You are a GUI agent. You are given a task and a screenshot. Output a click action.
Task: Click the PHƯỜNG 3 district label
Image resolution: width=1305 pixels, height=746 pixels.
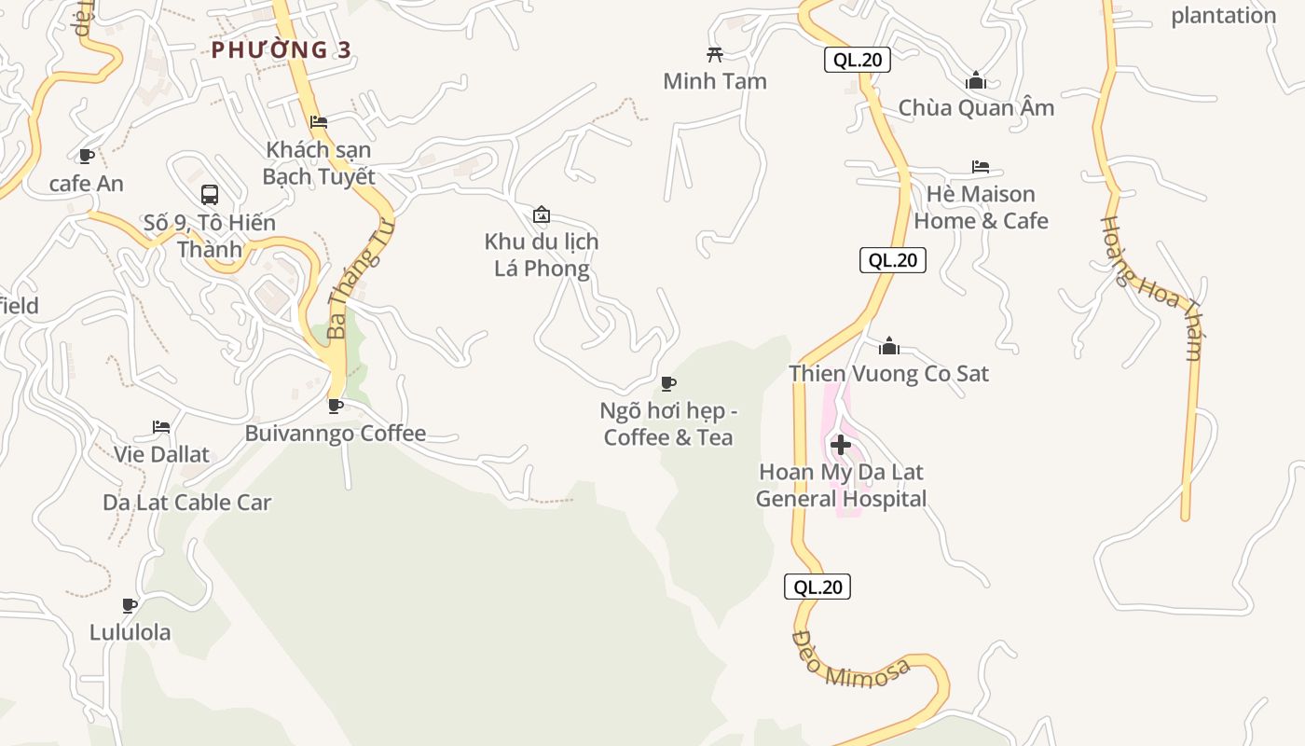tap(282, 49)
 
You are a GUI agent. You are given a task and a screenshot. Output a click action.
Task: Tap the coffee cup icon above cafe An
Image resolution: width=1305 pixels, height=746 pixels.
tap(87, 156)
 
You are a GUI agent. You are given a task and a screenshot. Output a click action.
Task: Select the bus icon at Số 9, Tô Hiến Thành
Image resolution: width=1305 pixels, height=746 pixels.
tap(210, 195)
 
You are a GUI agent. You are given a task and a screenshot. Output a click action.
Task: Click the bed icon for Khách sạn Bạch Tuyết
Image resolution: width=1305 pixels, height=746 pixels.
tap(319, 121)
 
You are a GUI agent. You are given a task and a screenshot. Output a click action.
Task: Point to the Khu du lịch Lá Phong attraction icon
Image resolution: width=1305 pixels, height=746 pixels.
tap(542, 215)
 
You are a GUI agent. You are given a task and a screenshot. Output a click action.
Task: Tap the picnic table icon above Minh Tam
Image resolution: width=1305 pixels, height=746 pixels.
tap(715, 54)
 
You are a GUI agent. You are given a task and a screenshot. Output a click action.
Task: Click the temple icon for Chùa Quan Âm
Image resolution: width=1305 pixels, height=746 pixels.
tap(976, 80)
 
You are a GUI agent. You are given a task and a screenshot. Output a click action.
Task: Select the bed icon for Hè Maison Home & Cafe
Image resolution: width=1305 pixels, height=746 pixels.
tap(981, 167)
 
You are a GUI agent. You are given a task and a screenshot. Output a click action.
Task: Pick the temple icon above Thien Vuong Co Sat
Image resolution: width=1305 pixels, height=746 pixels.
tap(889, 347)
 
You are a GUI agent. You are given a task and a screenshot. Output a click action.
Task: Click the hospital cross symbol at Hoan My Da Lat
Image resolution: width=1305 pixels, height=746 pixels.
tap(841, 445)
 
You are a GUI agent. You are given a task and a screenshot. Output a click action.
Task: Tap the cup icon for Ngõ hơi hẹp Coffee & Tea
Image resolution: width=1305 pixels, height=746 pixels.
tap(668, 383)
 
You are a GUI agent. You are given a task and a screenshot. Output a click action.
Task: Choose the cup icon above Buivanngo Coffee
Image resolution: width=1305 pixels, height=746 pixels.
tap(336, 406)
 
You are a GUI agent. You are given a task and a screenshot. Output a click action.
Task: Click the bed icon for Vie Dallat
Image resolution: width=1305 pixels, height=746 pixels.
tap(161, 428)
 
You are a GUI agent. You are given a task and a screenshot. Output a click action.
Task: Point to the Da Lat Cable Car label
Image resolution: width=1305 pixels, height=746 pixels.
tap(187, 503)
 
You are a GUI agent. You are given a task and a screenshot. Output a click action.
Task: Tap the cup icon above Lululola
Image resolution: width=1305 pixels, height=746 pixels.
tap(130, 605)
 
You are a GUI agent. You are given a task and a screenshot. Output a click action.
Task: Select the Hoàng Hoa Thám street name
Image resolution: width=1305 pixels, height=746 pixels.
tap(1151, 287)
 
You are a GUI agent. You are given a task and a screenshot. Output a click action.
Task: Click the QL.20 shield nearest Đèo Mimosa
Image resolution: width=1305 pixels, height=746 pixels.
tap(817, 587)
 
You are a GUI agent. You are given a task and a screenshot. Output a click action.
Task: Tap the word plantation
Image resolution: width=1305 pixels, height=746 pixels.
tap(1224, 16)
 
